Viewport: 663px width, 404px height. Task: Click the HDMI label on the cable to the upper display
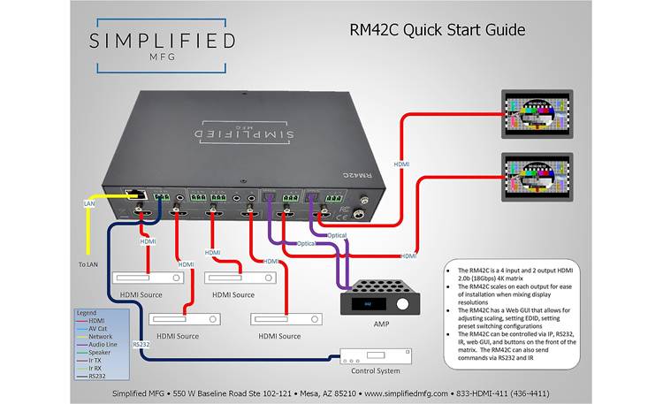[x=401, y=164]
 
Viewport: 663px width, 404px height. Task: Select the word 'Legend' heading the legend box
[x=88, y=314]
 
